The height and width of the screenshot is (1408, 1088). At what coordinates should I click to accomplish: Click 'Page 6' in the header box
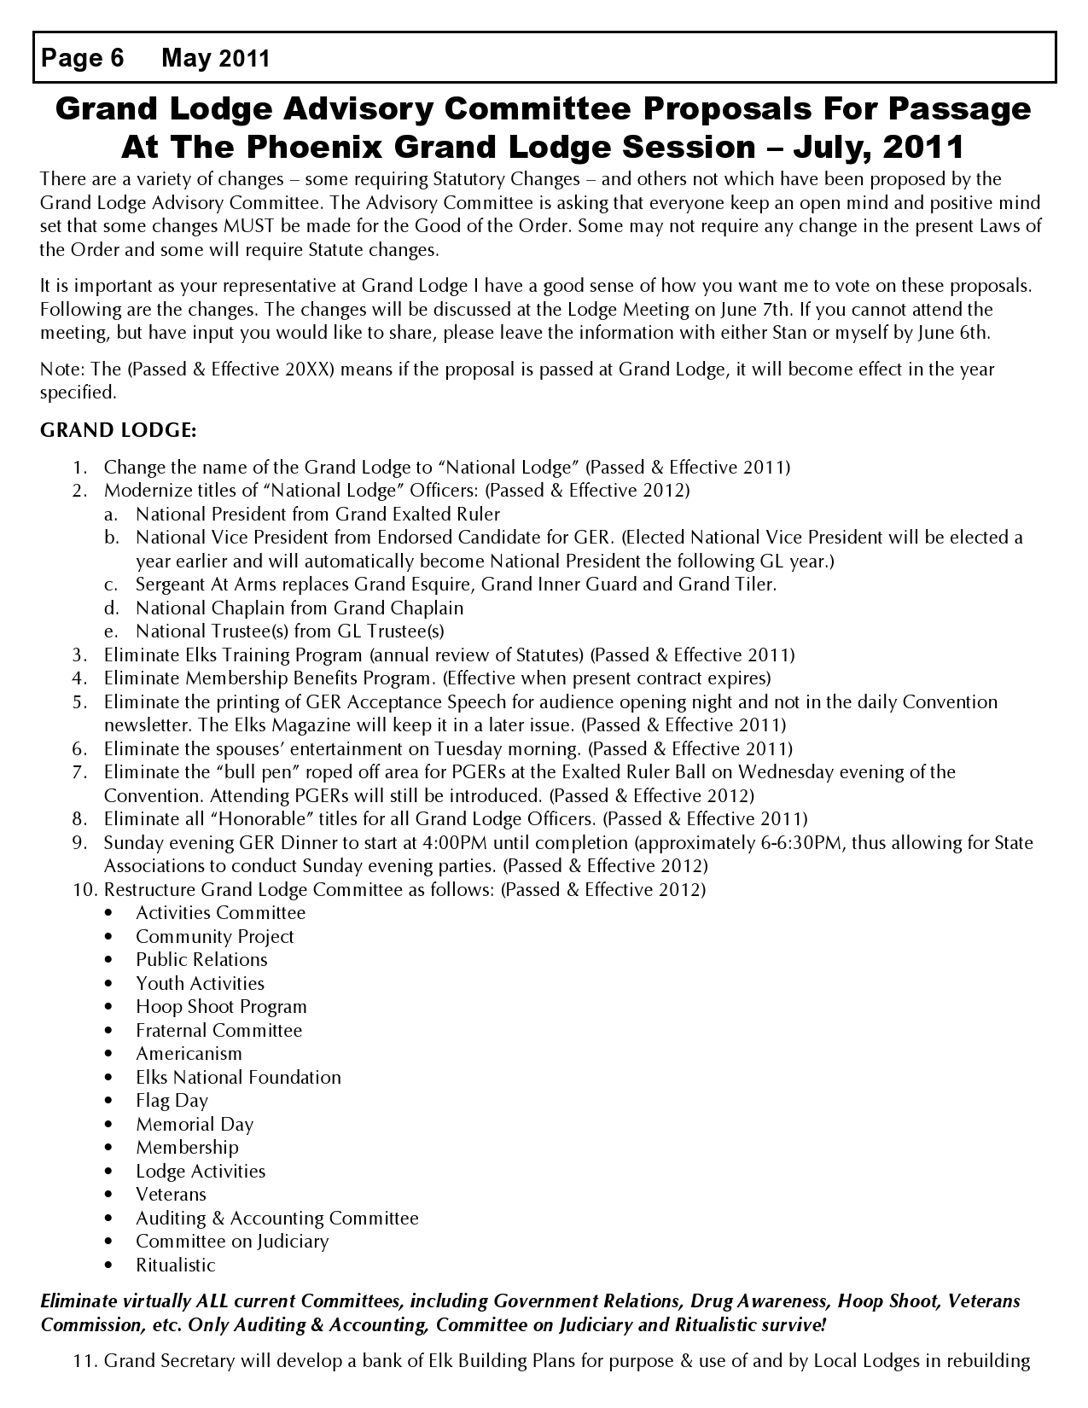82,58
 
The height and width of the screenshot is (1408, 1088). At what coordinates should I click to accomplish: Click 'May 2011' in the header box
215,58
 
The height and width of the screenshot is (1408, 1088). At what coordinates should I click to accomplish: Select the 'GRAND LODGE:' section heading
119,430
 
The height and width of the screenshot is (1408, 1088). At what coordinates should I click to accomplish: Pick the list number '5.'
80,702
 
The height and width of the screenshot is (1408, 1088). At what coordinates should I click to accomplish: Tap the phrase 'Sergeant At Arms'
198,585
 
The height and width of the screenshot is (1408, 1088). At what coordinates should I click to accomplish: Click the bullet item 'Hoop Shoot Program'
221,1007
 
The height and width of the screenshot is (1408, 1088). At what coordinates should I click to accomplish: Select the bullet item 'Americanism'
189,1054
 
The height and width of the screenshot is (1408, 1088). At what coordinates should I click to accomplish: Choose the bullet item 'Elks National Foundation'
238,1078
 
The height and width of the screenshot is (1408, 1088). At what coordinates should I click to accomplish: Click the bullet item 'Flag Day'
172,1101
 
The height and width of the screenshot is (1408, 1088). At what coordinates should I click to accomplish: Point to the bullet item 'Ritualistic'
176,1265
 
